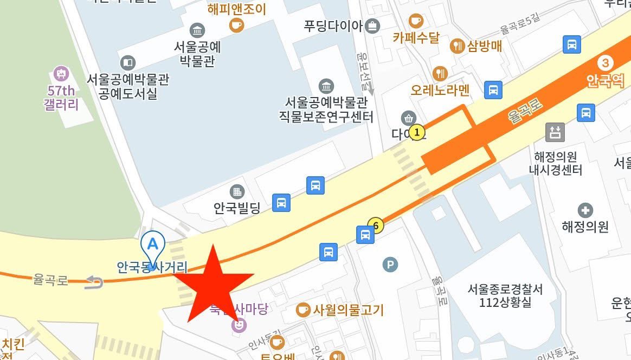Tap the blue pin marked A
coord(153,243)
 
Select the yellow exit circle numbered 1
coord(416,132)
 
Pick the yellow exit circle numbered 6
coord(376,224)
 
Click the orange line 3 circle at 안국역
coord(606,62)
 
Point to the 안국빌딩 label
coord(237,207)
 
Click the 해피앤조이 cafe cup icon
coord(237,25)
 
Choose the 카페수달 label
coord(416,38)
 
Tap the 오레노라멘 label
coord(440,89)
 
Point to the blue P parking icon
coord(390,265)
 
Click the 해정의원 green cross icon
coord(585,210)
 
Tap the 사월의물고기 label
coord(347,310)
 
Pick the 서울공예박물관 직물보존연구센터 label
coord(326,109)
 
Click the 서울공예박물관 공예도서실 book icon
coord(128,63)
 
